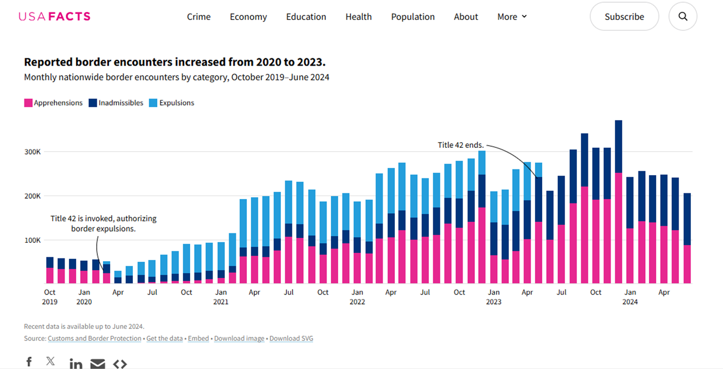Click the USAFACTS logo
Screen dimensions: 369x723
tap(55, 16)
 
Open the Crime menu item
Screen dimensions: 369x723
tap(199, 17)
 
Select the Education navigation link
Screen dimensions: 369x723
tap(306, 17)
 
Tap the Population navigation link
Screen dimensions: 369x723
tap(413, 17)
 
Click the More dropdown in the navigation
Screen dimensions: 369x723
tap(512, 17)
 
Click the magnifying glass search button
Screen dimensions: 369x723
tap(682, 17)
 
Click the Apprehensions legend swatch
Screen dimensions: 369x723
tap(28, 103)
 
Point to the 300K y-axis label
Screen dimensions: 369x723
tap(33, 152)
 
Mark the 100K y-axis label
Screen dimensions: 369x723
tap(33, 240)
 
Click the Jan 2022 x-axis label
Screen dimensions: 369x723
tap(357, 297)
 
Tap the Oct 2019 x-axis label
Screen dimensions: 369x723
tap(49, 297)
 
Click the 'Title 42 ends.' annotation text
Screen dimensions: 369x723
tap(460, 145)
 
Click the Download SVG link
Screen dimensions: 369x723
tap(291, 338)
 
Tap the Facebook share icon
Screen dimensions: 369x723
tap(29, 362)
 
